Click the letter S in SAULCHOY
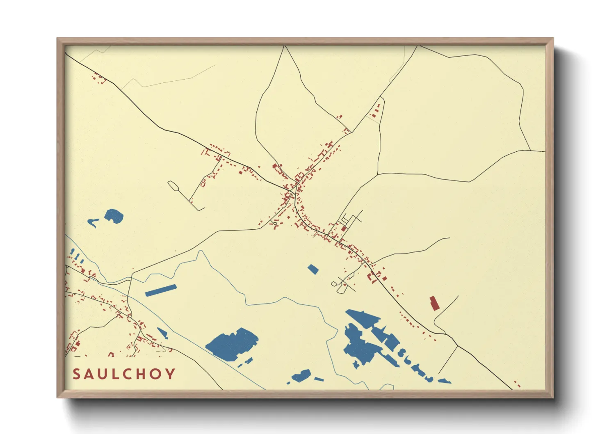tap(76, 374)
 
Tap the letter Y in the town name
tap(171, 374)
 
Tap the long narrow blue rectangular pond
tap(161, 290)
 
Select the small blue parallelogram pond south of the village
tap(313, 269)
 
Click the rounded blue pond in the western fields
tap(114, 216)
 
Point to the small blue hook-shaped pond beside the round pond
tap(93, 222)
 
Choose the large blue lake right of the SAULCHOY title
tap(233, 344)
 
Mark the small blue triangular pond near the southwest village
tap(163, 333)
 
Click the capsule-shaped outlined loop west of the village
tap(173, 186)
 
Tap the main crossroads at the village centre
tap(294, 191)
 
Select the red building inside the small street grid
tap(344, 228)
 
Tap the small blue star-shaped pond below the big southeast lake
tap(356, 364)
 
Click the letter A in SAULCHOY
tap(89, 374)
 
